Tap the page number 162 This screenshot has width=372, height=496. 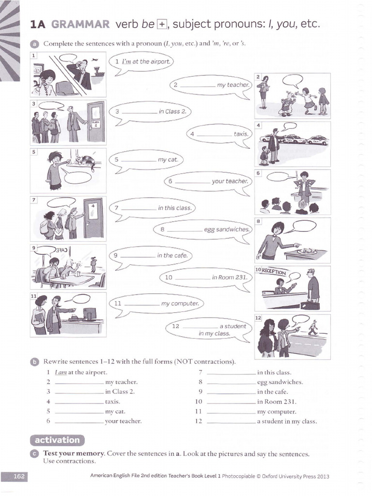tap(15, 477)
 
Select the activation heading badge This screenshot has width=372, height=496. tap(57, 440)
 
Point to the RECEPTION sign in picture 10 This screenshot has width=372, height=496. tap(274, 272)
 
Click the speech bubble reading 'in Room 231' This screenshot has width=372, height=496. tap(205, 278)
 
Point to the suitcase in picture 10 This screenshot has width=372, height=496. tap(310, 306)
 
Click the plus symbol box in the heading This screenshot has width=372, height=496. tap(162, 24)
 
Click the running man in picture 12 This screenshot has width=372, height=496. tap(313, 328)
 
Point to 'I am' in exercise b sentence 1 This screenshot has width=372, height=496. tap(61, 372)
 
